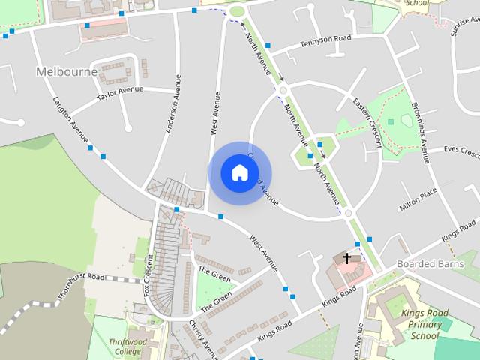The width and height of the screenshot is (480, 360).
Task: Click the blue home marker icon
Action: click(x=239, y=173)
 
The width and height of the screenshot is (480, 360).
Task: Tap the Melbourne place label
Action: click(x=67, y=71)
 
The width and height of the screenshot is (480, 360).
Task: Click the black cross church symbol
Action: click(x=346, y=258)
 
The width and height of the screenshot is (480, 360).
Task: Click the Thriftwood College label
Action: click(x=124, y=346)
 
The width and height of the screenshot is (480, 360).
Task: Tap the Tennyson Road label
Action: click(x=325, y=44)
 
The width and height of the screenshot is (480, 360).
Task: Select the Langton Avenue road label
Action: click(x=70, y=118)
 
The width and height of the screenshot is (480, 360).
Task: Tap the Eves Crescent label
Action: click(x=461, y=151)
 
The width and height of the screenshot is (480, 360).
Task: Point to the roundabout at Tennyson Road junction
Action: click(x=283, y=90)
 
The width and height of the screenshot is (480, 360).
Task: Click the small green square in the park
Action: click(x=390, y=121)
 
